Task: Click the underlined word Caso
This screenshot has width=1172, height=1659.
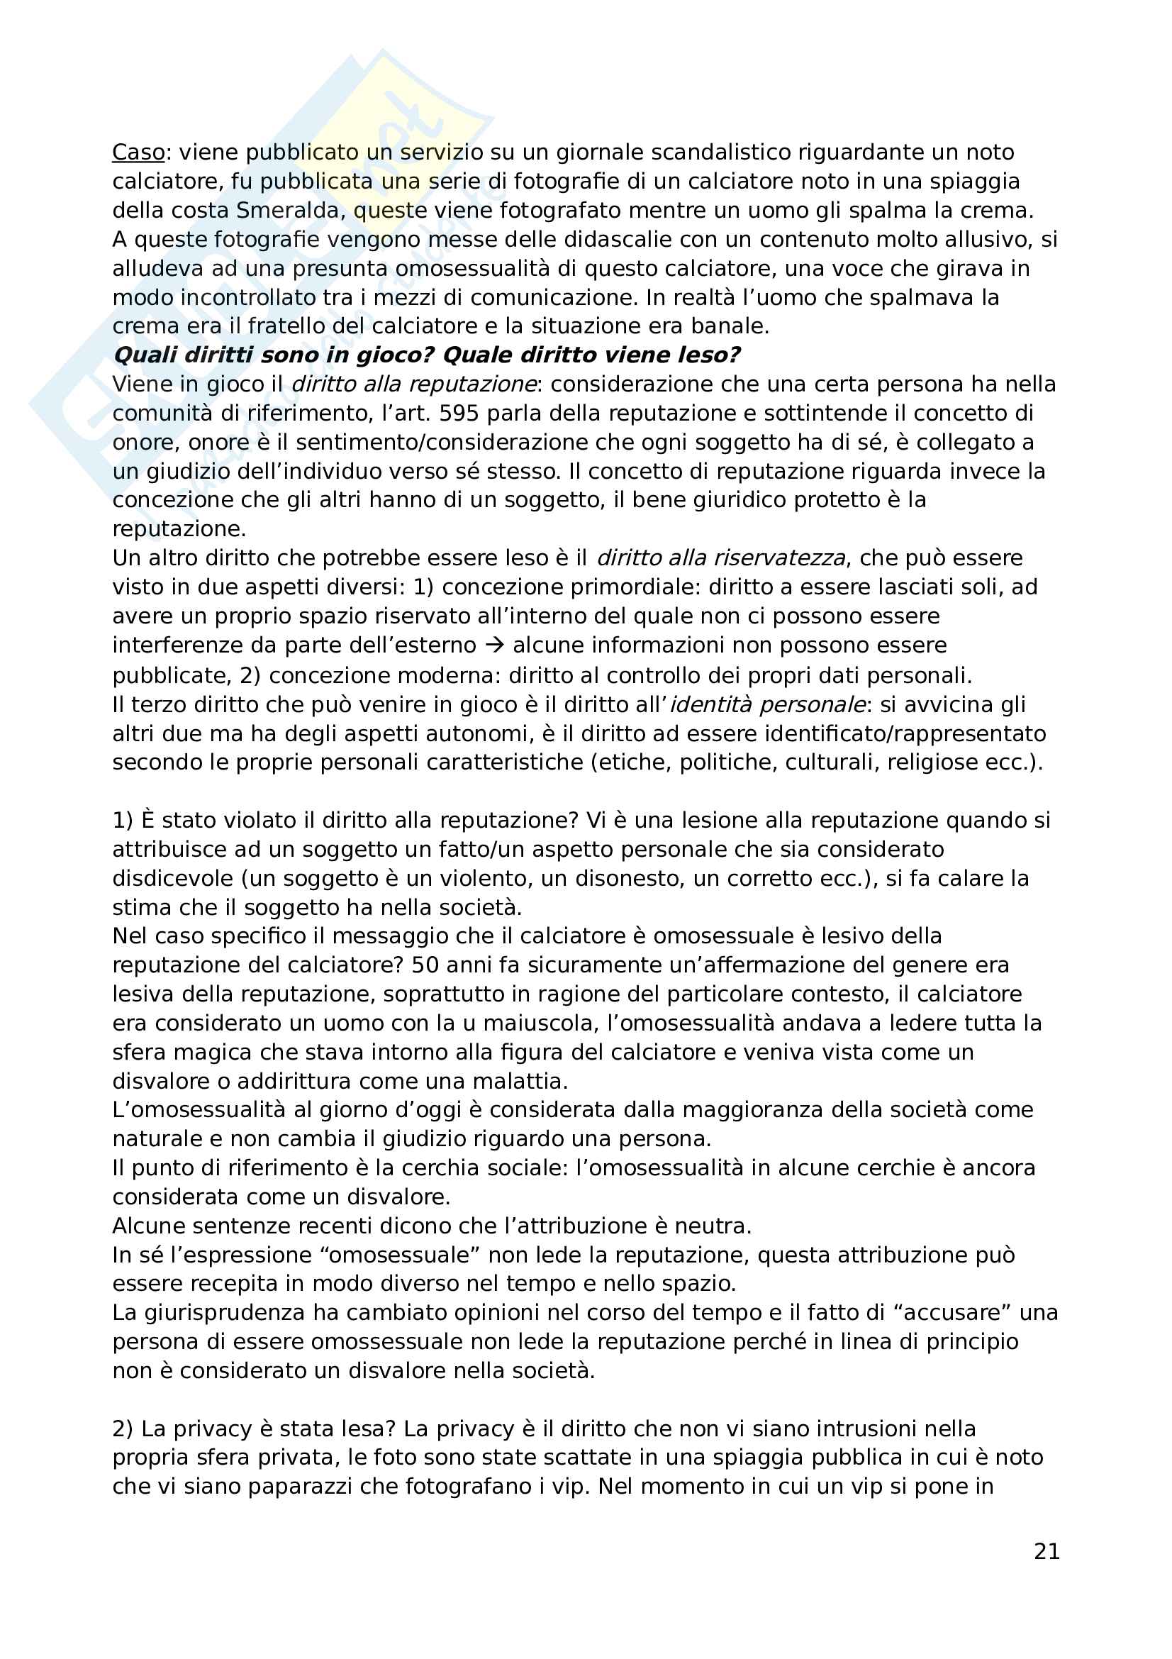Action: coord(138,152)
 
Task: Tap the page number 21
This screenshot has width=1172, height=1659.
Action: coord(1047,1551)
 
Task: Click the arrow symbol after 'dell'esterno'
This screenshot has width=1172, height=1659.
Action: coord(495,645)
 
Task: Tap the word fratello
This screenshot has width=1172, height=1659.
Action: coord(288,326)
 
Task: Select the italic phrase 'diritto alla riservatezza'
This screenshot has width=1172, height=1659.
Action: coord(720,558)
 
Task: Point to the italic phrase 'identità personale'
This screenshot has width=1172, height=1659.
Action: coord(768,704)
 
